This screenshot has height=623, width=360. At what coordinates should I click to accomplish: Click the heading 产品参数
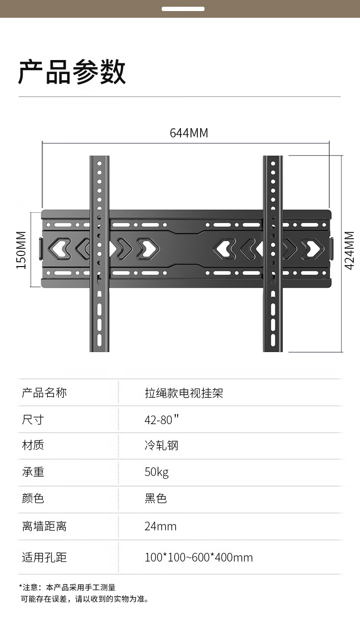[x=72, y=72]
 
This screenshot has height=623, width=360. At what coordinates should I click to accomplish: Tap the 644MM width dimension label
[x=189, y=133]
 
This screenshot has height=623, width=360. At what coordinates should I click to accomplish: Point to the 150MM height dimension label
[x=21, y=250]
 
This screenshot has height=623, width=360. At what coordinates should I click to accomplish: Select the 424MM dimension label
[x=349, y=250]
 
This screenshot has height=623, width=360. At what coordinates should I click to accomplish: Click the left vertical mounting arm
[x=99, y=254]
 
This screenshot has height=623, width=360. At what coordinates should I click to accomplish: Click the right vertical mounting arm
[x=273, y=254]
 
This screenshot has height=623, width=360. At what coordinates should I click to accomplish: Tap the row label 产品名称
[x=44, y=393]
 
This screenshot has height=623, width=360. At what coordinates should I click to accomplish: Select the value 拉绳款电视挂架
[x=184, y=393]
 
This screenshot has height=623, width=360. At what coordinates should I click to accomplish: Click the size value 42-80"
[x=161, y=419]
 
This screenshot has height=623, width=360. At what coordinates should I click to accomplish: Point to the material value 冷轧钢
[x=161, y=445]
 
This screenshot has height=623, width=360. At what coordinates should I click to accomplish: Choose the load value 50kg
[x=156, y=472]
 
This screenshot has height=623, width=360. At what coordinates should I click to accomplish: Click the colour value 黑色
[x=156, y=498]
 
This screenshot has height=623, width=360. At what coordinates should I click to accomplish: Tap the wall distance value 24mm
[x=160, y=526]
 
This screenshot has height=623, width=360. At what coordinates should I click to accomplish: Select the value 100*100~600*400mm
[x=199, y=557]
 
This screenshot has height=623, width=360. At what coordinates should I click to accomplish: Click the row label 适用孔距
[x=44, y=557]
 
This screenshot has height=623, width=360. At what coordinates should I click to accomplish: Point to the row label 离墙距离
[x=44, y=526]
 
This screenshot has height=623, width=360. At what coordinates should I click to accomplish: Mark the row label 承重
[x=33, y=472]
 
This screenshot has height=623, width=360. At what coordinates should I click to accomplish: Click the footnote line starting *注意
[x=67, y=587]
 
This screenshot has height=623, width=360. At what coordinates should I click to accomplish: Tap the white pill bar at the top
[x=183, y=9]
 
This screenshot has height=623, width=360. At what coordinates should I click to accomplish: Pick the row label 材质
[x=33, y=445]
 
